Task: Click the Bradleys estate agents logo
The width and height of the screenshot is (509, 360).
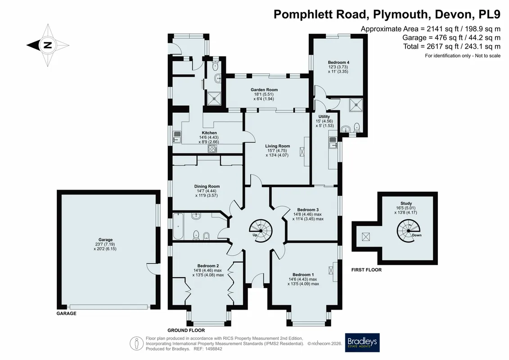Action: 362,342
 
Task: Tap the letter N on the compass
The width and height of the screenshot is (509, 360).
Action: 48,45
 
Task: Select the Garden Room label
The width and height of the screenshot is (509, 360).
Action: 264,90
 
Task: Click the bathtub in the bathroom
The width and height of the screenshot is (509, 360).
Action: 178,226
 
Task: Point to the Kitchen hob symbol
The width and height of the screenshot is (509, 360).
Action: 212,148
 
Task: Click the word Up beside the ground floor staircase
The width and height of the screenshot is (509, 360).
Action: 255,235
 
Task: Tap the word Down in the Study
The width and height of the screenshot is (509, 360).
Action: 416,235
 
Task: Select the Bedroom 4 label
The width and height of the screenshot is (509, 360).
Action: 338,63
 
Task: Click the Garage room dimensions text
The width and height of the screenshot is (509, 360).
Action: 105,247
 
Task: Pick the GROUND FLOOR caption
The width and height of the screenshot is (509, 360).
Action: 186,330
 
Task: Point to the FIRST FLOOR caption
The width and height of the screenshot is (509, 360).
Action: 366,270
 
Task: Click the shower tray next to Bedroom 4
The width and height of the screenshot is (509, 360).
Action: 356,105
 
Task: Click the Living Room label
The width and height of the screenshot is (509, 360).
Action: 278,146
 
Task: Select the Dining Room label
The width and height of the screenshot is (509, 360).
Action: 207,186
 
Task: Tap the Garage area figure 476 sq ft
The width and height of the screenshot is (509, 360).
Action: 447,38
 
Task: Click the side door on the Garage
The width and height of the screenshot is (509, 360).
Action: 153,268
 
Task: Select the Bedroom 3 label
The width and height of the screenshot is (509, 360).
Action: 306,210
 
